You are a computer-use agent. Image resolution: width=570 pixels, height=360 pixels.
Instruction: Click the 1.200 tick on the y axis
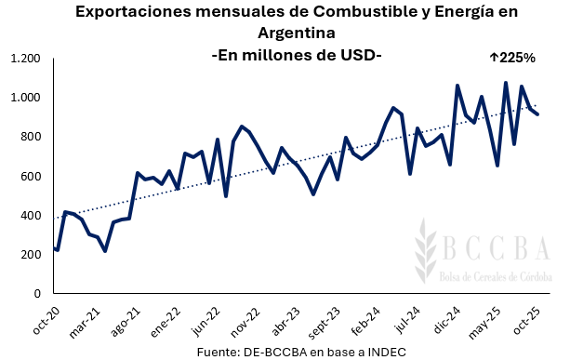(25, 59)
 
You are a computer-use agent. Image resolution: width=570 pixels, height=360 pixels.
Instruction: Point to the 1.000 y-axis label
(25, 98)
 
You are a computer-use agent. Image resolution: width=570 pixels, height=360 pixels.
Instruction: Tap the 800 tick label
(31, 137)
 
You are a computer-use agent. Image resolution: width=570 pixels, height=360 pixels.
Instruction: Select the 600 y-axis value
(31, 176)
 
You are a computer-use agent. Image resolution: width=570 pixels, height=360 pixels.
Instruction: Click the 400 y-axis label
(31, 215)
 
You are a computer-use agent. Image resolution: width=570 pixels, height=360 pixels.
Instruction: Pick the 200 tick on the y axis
(31, 254)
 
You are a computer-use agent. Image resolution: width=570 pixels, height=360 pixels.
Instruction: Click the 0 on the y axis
(38, 293)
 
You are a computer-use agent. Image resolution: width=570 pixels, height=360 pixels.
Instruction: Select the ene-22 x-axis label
(161, 319)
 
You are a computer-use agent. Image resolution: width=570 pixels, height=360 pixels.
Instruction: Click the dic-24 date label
(438, 319)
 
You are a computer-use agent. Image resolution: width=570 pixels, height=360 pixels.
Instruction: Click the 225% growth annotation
(511, 58)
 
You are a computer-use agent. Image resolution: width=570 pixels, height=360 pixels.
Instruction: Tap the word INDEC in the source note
(384, 350)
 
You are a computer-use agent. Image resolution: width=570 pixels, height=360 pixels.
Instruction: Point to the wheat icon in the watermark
(429, 251)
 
